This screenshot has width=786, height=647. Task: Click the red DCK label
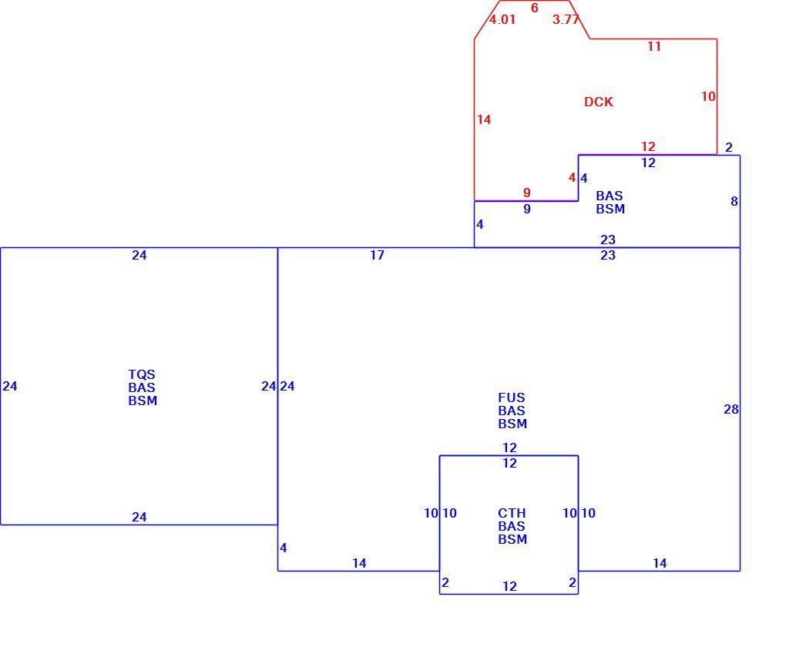point(599,102)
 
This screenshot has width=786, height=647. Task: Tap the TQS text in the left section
point(142,374)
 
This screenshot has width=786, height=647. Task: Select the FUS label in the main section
point(512,397)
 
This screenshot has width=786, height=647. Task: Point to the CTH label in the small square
point(512,513)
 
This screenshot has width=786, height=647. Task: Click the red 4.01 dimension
point(502,19)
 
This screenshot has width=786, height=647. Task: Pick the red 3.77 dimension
point(566,19)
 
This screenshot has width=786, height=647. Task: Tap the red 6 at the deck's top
point(534,8)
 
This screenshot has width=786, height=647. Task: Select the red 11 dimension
point(654,47)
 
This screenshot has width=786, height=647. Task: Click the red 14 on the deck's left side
point(484,119)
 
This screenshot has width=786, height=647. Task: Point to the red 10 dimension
point(708,96)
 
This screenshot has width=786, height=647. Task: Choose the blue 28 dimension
point(731,410)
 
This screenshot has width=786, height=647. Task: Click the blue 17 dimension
point(378,255)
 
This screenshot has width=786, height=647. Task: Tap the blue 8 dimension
point(734,202)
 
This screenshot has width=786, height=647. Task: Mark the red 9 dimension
point(527,193)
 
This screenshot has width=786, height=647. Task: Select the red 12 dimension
point(648,146)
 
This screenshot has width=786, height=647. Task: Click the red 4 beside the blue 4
point(573,178)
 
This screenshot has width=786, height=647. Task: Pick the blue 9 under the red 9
point(527,209)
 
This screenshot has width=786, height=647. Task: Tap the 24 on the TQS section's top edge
point(139,255)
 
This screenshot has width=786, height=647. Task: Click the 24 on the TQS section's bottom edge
point(139,517)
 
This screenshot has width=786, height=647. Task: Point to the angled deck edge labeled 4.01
point(487,19)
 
